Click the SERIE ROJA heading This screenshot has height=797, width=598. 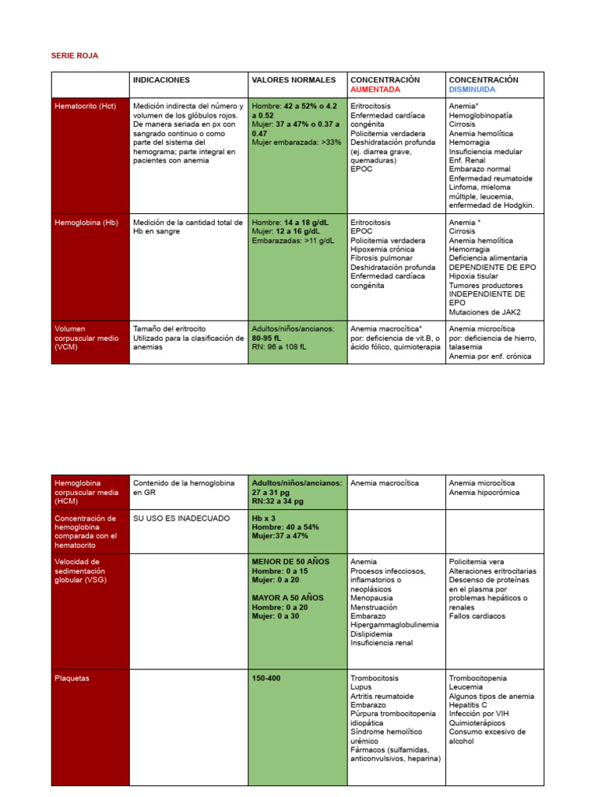pyautogui.click(x=75, y=56)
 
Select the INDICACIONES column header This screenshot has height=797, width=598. pyautogui.click(x=161, y=80)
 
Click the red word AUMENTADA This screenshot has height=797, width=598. pyautogui.click(x=375, y=90)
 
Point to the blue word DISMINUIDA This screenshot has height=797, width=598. pyautogui.click(x=472, y=90)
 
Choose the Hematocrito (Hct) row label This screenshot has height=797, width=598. pyautogui.click(x=85, y=107)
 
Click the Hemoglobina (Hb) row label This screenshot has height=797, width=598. pyautogui.click(x=86, y=223)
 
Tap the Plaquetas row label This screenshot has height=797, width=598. pyautogui.click(x=72, y=679)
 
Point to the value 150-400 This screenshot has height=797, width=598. pyautogui.click(x=266, y=679)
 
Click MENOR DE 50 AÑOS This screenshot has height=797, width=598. pyautogui.click(x=290, y=561)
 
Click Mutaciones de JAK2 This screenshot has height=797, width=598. pyautogui.click(x=484, y=313)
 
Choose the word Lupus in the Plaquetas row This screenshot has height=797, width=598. pyautogui.click(x=361, y=688)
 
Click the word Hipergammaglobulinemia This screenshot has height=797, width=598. pyautogui.click(x=394, y=625)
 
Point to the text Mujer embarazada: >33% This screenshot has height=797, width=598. pyautogui.click(x=297, y=142)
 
